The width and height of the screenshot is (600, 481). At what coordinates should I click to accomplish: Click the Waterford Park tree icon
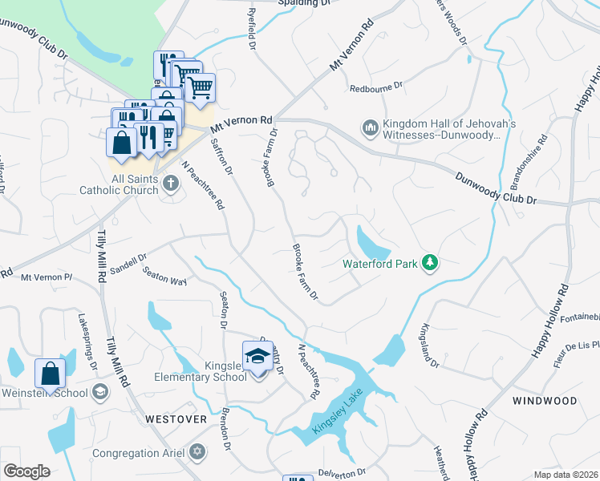[x=431, y=263]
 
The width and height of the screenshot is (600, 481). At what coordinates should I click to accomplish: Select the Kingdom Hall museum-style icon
[x=370, y=127]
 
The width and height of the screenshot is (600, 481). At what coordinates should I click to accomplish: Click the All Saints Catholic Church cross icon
[x=170, y=184]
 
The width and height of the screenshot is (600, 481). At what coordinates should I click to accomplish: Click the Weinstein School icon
[x=100, y=391]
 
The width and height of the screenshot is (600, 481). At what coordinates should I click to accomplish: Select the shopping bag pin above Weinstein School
[x=50, y=374]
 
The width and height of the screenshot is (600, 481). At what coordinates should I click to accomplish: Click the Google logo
[x=26, y=471]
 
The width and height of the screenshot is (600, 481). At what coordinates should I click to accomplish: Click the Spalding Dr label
[x=304, y=4]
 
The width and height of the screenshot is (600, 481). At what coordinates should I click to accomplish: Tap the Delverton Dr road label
[x=342, y=472]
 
